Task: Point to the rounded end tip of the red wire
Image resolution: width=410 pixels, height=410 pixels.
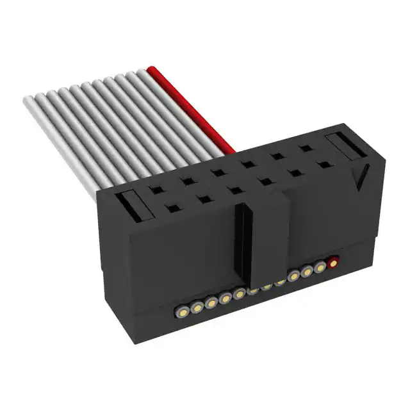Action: coord(152,69)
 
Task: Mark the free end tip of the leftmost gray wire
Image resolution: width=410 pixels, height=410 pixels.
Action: coord(28,101)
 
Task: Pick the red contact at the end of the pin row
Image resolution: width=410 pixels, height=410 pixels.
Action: coord(333,262)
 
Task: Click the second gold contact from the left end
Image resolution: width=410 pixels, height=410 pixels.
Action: coord(197,305)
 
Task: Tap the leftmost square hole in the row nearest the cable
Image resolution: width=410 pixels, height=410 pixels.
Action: coord(154,190)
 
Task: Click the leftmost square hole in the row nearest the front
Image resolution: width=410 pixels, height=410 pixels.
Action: coord(172,208)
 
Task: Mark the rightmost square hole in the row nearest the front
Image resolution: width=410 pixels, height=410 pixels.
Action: coord(325,165)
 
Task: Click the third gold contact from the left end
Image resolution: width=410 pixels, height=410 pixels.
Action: coord(211,301)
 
